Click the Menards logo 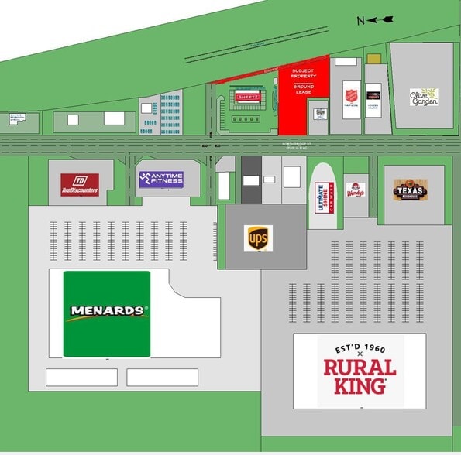[107, 312]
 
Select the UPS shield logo [258, 238]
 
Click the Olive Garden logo [424, 97]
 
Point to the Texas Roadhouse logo [410, 190]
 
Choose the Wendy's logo [356, 190]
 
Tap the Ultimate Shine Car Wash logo [322, 195]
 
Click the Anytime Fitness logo [161, 180]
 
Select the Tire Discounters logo [80, 184]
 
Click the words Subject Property [304, 74]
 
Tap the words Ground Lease [304, 89]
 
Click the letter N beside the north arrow [360, 19]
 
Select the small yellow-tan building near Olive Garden [373, 59]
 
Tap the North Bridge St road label [298, 144]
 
